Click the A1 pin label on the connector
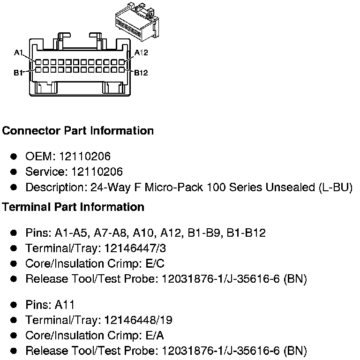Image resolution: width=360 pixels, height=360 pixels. tap(19, 53)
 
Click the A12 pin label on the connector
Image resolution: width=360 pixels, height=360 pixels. tap(141, 52)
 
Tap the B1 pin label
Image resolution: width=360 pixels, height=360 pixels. tap(19, 73)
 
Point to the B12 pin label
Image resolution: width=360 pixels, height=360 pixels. tap(141, 73)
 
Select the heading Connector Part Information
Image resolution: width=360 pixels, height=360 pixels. tap(78, 131)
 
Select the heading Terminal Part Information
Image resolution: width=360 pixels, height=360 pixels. tap(73, 207)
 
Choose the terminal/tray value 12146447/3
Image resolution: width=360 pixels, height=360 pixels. tap(130, 248)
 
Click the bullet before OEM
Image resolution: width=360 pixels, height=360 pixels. tap(14, 157)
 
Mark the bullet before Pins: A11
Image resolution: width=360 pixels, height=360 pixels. tap(14, 305)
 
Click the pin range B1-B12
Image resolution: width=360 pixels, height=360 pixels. tap(246, 233)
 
